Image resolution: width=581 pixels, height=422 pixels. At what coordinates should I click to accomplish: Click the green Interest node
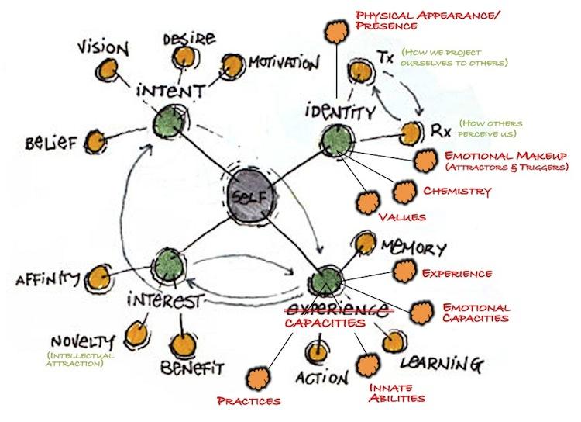point(167,264)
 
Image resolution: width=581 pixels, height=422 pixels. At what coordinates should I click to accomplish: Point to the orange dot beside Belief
point(94,142)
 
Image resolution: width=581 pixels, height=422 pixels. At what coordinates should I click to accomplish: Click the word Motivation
point(283,61)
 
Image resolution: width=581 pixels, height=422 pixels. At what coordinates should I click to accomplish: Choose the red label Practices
point(249,400)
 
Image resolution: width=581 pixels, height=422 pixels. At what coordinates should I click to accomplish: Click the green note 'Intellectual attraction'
point(80,359)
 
